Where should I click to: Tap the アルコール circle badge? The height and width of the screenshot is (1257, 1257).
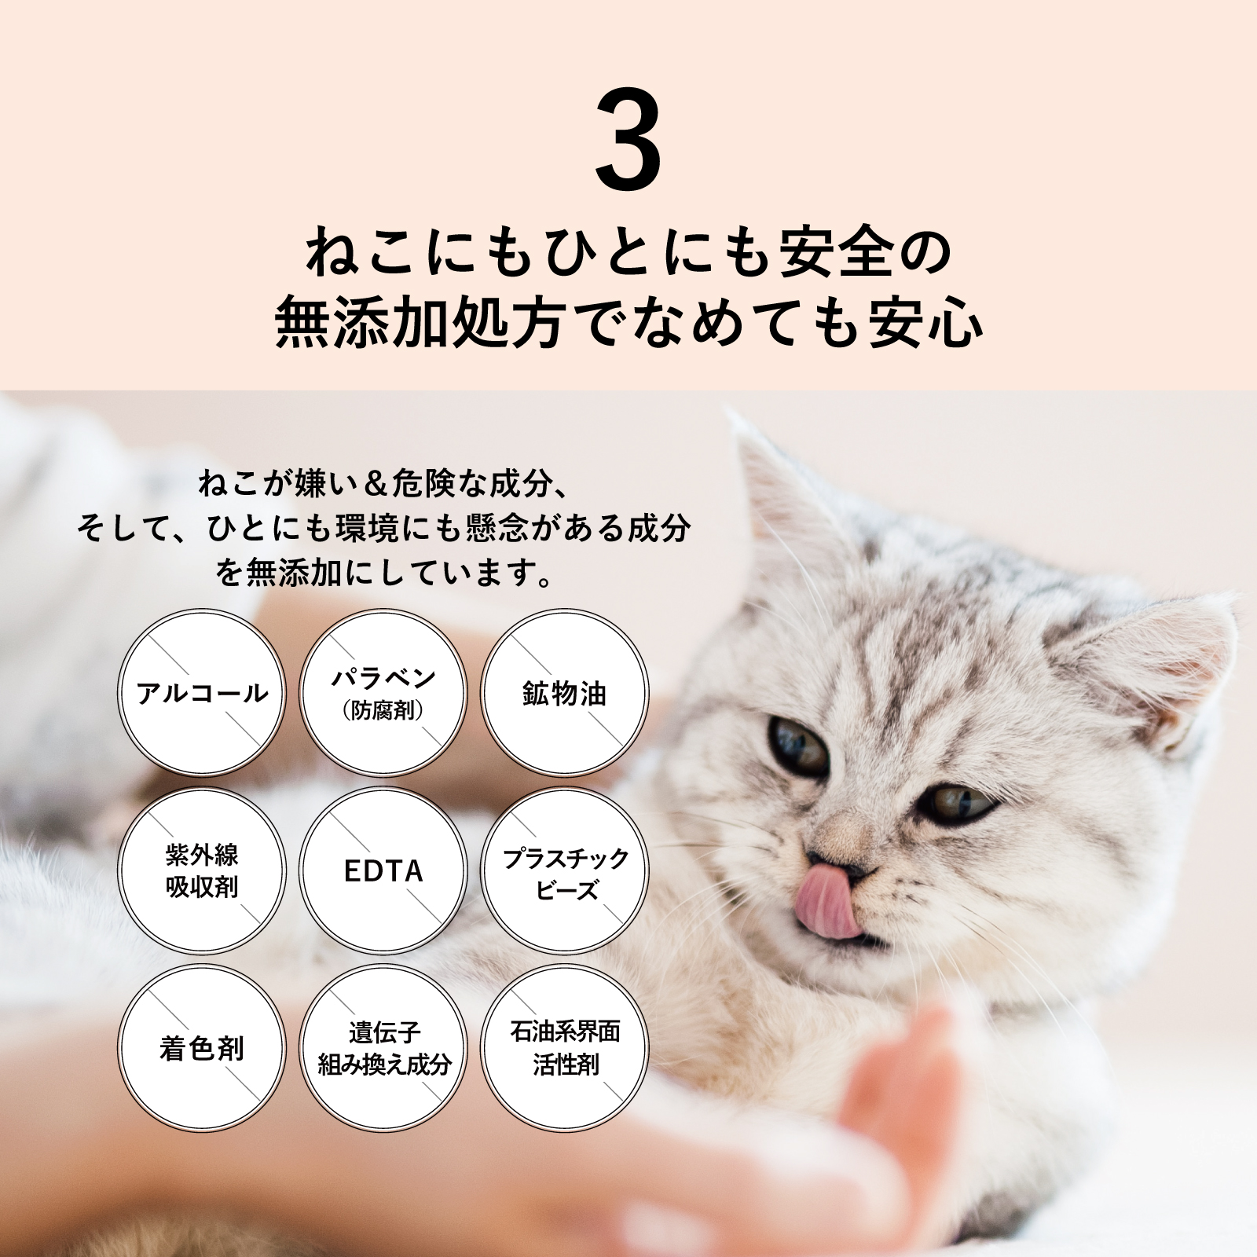point(202,694)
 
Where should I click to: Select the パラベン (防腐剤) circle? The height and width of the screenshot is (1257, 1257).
point(383,694)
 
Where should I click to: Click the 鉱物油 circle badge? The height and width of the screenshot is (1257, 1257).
point(565,694)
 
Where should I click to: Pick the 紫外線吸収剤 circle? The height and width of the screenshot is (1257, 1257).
point(202,871)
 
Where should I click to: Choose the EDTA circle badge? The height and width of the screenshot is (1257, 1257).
point(383,871)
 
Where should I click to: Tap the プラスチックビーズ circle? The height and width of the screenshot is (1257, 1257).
point(565,871)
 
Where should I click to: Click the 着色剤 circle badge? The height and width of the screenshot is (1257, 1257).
point(202,1049)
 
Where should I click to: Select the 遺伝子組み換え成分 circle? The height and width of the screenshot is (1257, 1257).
point(383,1049)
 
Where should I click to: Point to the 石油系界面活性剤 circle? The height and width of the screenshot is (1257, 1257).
point(565,1049)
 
